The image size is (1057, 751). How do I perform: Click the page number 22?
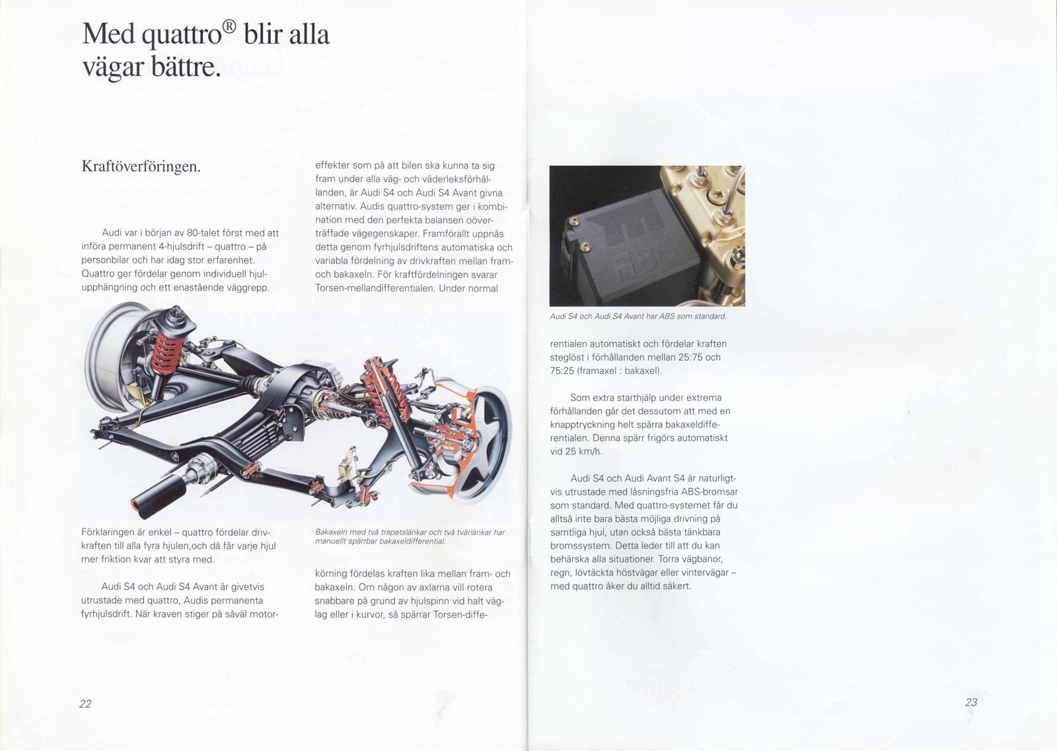(85, 703)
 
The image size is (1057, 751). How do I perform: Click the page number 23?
(970, 702)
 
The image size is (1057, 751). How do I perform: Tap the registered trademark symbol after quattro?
(228, 27)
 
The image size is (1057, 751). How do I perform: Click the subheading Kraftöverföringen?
(141, 166)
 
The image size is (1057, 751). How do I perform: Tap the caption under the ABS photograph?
(638, 316)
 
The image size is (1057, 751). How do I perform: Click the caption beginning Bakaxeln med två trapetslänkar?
(410, 536)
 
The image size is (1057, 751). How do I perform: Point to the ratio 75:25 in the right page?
(562, 371)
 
